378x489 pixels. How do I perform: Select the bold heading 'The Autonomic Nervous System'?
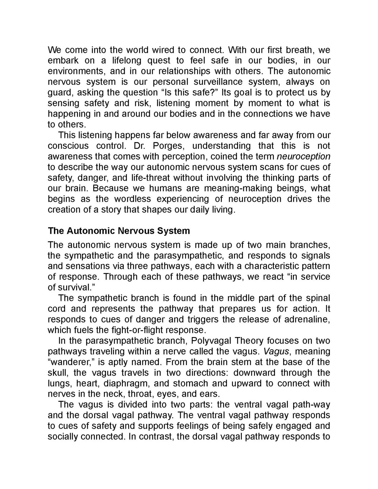[119, 231]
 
